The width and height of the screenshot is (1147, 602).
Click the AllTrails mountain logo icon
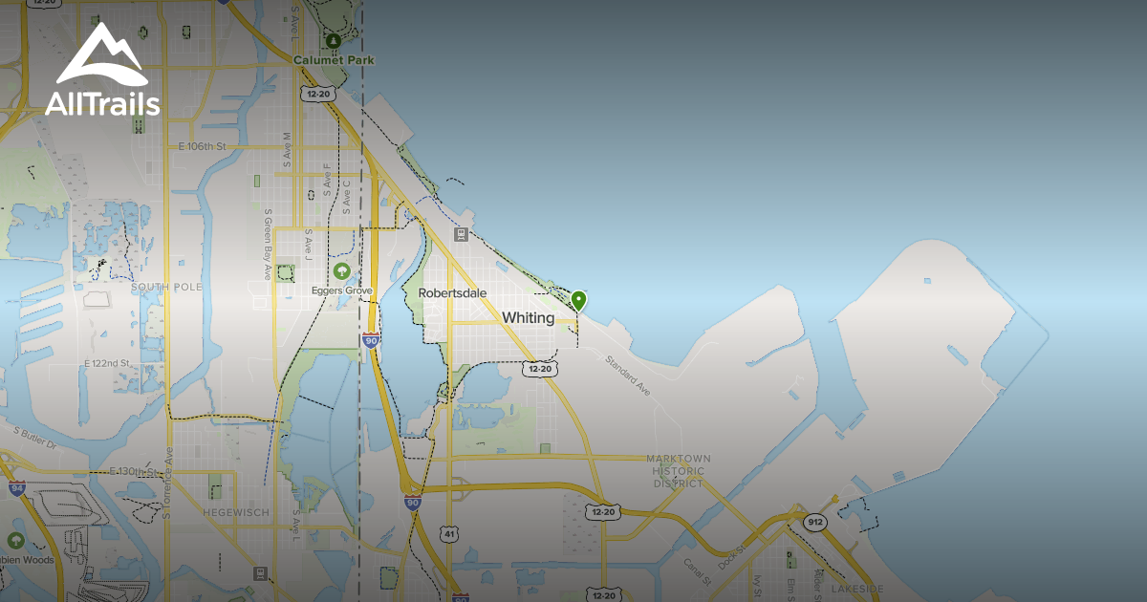tap(101, 55)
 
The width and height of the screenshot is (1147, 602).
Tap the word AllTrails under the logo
tap(102, 103)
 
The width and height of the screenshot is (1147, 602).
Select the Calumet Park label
tap(334, 60)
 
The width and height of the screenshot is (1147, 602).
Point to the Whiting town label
tap(528, 318)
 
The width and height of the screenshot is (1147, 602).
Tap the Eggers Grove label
tap(341, 290)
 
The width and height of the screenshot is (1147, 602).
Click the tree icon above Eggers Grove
tap(341, 271)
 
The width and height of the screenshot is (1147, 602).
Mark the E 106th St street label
tap(202, 147)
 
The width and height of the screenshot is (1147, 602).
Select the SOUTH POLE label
tap(167, 287)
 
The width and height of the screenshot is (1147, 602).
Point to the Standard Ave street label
tap(627, 373)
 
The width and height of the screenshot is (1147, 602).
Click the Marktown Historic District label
tap(677, 471)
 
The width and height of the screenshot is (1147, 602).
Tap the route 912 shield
tap(814, 523)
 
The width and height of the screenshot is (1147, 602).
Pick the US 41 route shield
tap(448, 534)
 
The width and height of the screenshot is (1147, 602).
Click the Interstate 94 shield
tap(16, 488)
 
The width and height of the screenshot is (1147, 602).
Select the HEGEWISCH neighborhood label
tap(236, 513)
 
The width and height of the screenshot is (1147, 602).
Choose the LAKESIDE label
tap(856, 589)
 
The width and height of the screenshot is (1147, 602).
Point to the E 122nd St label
tap(107, 364)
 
